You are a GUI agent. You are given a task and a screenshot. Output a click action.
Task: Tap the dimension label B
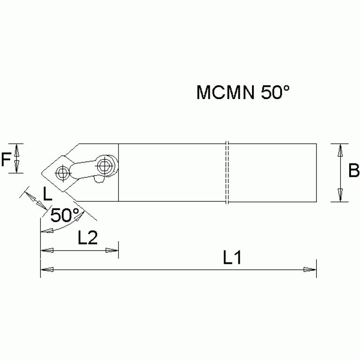click(354, 171)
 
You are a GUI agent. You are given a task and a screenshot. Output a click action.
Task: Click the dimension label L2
click(87, 238)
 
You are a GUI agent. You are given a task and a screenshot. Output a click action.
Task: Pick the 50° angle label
click(65, 215)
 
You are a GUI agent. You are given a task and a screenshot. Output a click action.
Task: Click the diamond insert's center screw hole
click(61, 173)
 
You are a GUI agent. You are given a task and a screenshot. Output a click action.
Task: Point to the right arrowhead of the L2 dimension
click(112, 250)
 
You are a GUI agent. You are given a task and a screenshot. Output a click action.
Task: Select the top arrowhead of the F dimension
click(17, 149)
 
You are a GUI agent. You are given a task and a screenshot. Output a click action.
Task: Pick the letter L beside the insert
click(47, 193)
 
